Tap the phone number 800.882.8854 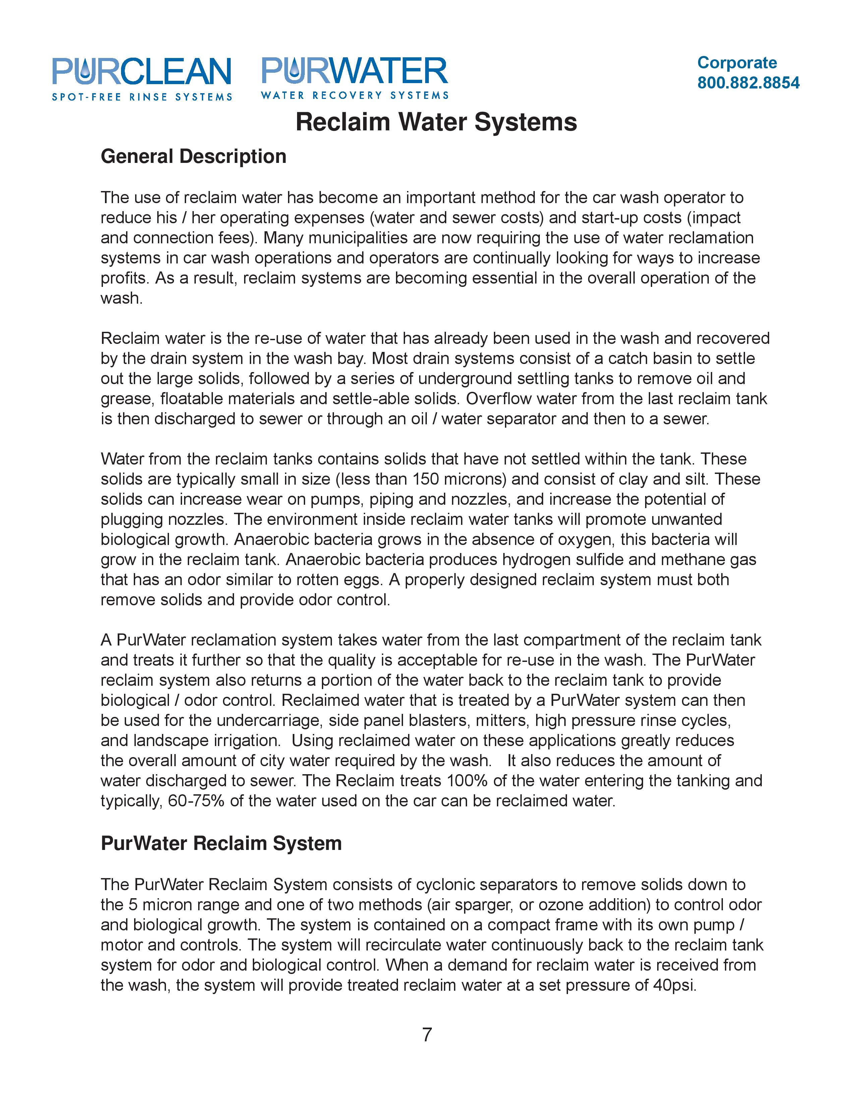748,82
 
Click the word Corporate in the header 737,62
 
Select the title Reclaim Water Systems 436,122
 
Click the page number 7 427,1034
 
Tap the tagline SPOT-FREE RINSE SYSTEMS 142,97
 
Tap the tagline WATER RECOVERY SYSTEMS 354,95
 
